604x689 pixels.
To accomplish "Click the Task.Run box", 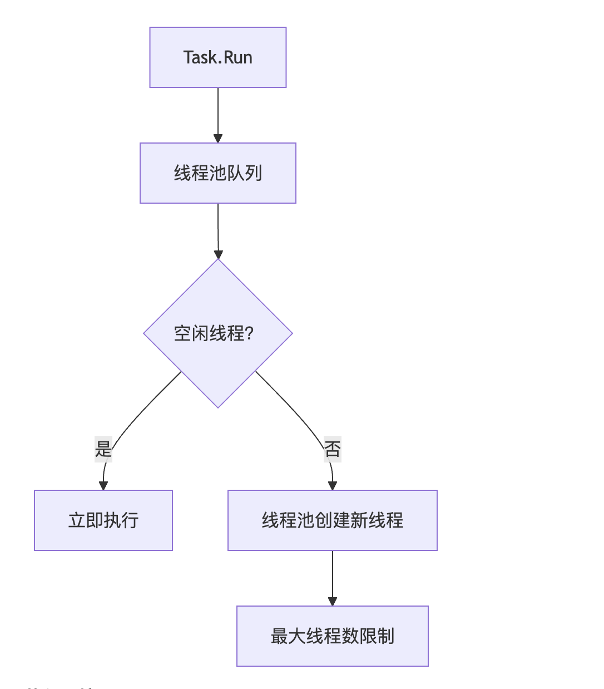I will pos(217,57).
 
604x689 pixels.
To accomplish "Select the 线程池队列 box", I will pos(217,173).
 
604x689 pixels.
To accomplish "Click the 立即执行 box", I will pos(103,520).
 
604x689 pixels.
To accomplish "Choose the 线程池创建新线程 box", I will pos(332,520).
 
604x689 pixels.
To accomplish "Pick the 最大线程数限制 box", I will pos(332,636).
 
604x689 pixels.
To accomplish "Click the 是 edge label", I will pos(103,449).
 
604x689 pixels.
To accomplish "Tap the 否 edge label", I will pos(333,449).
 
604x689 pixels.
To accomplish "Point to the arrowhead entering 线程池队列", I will pos(218,138).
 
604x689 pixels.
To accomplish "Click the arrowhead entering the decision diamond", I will pos(218,254).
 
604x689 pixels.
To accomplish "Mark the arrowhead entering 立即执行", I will pos(103,485).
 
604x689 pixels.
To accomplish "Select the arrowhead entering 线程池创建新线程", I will pos(333,485).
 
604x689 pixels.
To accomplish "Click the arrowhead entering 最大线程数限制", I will pos(333,601).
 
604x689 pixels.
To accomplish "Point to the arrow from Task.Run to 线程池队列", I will pos(218,111).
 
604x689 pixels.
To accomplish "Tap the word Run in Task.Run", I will pos(238,57).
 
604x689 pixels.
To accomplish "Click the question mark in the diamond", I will pos(249,333).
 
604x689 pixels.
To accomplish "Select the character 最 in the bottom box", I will pos(279,636).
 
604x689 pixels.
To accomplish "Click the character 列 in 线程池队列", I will pos(254,173).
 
